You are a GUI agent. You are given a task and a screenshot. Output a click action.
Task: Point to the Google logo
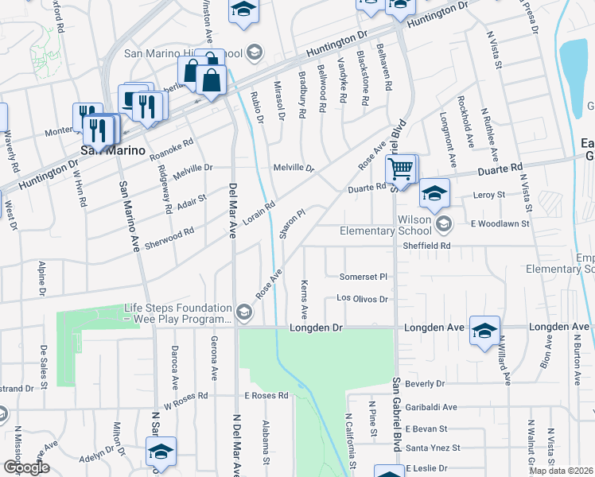coord(25,467)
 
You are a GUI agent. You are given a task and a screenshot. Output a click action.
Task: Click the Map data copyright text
coord(562,469)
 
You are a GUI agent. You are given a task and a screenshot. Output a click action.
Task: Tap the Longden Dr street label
coord(315,328)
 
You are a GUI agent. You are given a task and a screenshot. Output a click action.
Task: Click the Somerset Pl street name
coord(363,277)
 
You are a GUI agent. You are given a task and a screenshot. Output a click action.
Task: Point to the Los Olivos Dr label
coord(362,299)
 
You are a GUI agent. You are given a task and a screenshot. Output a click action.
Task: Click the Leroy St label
coord(490,195)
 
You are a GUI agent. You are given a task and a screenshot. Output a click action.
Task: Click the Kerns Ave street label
coord(304,296)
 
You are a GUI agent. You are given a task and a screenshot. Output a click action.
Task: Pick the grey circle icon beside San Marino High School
coord(254,54)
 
